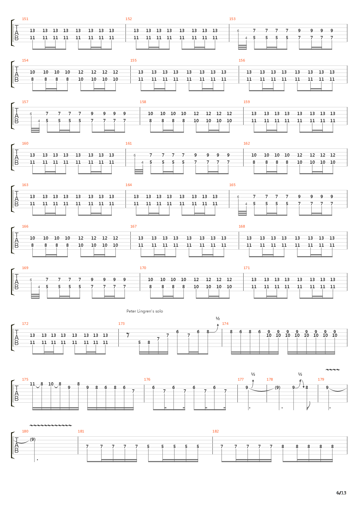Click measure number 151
tap(25, 19)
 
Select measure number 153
tap(232, 19)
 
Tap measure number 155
tap(133, 60)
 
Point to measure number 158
tap(143, 102)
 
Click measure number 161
tap(128, 143)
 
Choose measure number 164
tap(128, 185)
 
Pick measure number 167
tap(133, 226)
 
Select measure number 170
tap(143, 268)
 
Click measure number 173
tap(121, 324)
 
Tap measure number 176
tap(147, 379)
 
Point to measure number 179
tap(321, 379)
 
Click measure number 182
tap(215, 431)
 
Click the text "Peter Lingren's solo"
tap(144, 311)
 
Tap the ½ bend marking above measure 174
tap(218, 318)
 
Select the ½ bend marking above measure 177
tap(253, 374)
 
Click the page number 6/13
tap(341, 493)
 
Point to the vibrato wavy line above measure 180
tap(50, 425)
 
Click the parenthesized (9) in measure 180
tap(32, 439)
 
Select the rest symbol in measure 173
tap(128, 335)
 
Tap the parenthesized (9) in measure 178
tap(278, 387)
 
